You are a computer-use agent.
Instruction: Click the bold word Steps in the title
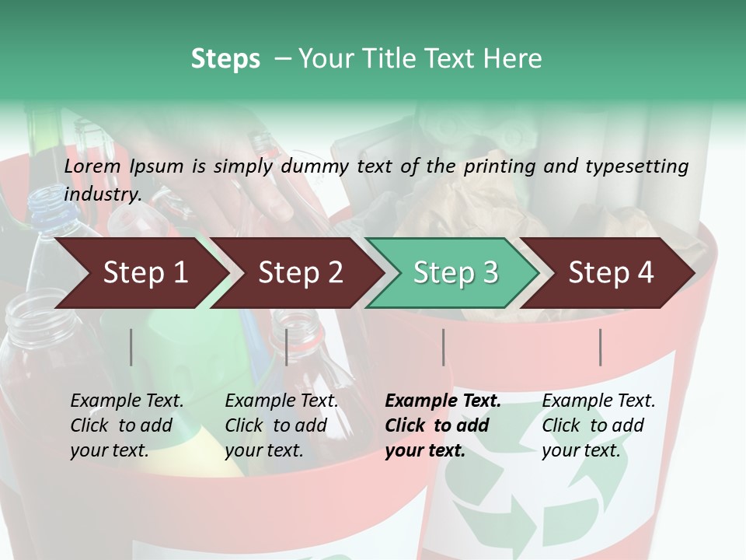(225, 59)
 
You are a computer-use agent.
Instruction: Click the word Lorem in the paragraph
(92, 166)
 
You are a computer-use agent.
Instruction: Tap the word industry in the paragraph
(103, 194)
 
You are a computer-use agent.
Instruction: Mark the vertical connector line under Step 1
(131, 347)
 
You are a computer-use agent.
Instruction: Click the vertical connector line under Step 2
(287, 347)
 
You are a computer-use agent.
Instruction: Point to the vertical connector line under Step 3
(443, 347)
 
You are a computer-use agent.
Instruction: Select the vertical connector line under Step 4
(601, 347)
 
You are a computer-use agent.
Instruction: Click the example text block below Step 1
(127, 425)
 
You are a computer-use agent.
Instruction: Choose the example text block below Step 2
(281, 425)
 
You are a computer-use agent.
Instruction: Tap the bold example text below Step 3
(443, 425)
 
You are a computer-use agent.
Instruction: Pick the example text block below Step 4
(598, 425)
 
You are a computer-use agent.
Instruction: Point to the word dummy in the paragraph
(319, 166)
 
